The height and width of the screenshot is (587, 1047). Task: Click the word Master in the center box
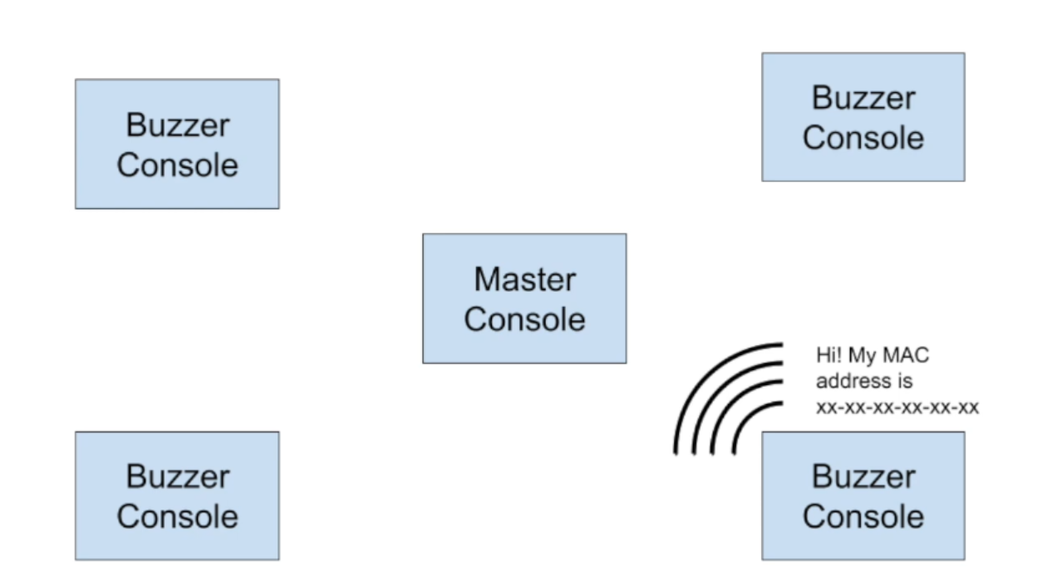click(524, 279)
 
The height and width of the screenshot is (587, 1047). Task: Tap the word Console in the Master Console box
click(524, 319)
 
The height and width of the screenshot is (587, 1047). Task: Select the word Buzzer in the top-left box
click(178, 126)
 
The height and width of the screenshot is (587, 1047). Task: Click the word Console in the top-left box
click(178, 165)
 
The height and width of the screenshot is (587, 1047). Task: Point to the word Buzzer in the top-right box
click(863, 98)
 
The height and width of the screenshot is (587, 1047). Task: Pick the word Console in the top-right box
click(863, 138)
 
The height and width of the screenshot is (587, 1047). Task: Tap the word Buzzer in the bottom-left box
click(178, 476)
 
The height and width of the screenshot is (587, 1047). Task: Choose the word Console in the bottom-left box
click(178, 516)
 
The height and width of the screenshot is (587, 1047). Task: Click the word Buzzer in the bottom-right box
click(863, 476)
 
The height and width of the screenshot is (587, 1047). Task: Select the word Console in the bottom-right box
click(863, 516)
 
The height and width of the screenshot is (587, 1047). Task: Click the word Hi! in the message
click(828, 355)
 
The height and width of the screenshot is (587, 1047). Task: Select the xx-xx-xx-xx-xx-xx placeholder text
click(897, 407)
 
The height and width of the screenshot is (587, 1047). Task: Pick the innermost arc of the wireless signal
click(745, 417)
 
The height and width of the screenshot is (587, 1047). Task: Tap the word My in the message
click(862, 357)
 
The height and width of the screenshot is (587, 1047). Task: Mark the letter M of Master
click(485, 279)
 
